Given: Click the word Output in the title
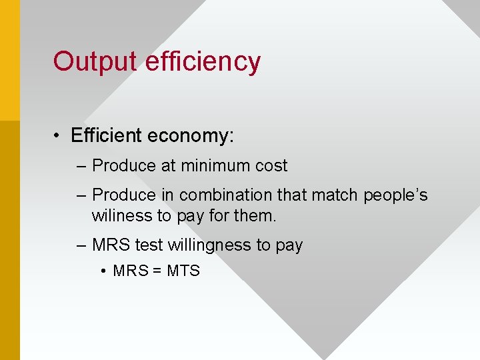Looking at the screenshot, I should click(95, 61).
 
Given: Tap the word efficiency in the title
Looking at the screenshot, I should click(202, 61).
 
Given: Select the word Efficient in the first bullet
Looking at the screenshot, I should click(107, 135).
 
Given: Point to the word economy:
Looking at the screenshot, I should click(191, 136).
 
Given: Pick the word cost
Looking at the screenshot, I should click(271, 165).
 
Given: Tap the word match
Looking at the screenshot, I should click(333, 195).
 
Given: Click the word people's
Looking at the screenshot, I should click(395, 195).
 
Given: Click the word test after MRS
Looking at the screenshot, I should click(149, 245).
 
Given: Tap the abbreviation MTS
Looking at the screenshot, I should click(184, 271).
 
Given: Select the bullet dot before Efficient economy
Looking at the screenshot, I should click(59, 136).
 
